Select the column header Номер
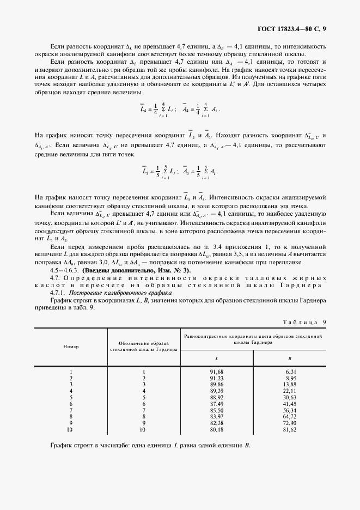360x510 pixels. (71, 347)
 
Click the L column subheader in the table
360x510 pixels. (217, 358)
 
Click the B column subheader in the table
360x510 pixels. (289, 358)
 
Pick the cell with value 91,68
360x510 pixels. (217, 372)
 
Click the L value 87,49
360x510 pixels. (217, 404)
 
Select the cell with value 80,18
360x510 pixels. (217, 429)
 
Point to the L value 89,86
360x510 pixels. (217, 384)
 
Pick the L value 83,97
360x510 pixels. (217, 416)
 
